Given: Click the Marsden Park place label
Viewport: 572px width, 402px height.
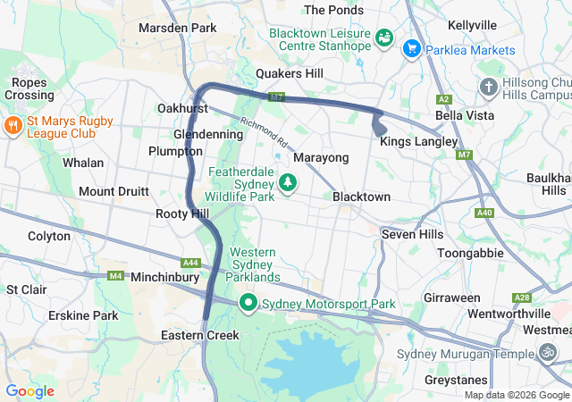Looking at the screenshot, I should click(178, 28).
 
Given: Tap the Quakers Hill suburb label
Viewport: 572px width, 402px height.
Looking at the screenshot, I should click(290, 73).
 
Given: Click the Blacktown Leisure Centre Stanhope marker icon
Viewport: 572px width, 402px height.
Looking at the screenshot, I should click(383, 38).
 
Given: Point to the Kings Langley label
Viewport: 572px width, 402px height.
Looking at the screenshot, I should click(418, 141).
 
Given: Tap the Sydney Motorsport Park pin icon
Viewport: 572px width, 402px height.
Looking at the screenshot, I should click(248, 304).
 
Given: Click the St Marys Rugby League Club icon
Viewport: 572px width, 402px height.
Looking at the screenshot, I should click(13, 125).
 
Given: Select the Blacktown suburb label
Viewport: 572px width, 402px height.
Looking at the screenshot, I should click(361, 197).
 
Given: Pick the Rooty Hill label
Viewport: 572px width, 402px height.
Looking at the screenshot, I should click(181, 214).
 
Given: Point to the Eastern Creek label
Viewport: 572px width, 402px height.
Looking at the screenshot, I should click(200, 335).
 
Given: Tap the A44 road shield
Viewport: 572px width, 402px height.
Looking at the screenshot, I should click(190, 263).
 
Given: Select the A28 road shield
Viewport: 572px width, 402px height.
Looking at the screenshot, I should click(522, 297).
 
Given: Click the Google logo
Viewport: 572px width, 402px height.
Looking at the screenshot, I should click(29, 390).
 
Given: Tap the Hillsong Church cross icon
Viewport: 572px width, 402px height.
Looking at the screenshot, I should click(488, 87).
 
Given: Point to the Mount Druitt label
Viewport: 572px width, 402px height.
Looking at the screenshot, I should click(114, 191).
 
